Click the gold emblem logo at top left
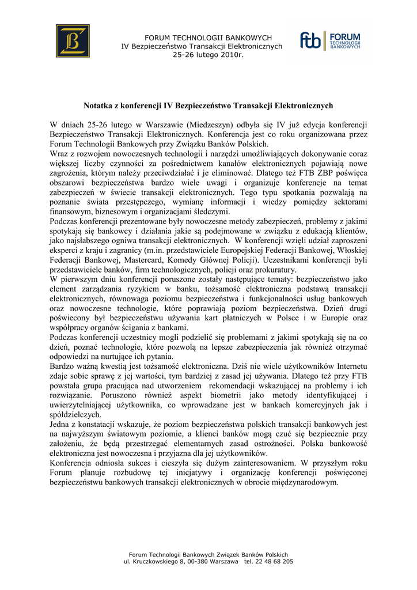click(x=73, y=41)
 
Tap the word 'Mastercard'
click(x=135, y=260)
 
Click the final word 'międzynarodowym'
click(x=303, y=482)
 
